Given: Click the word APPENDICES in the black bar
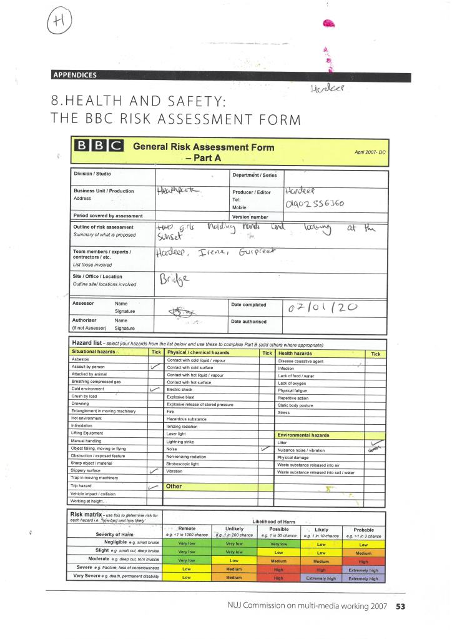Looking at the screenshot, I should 75,76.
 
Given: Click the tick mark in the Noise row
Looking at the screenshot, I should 265,448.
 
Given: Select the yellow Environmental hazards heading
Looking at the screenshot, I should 303,435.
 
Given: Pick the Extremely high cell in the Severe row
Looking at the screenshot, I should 363,570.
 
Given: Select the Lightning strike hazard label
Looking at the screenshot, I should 182,441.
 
